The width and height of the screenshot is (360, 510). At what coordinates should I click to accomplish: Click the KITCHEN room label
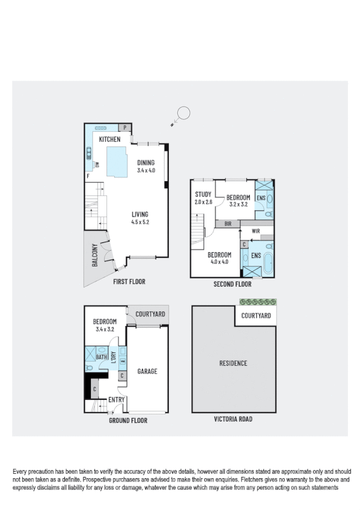point(110,140)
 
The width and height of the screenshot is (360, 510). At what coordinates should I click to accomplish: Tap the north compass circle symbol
point(183,112)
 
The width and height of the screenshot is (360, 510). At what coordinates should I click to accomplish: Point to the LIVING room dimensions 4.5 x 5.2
point(140,223)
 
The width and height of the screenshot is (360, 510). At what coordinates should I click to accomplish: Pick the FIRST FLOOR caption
point(129,281)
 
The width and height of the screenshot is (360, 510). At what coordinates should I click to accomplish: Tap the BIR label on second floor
point(228,223)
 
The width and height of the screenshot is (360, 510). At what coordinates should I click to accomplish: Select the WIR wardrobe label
point(255,230)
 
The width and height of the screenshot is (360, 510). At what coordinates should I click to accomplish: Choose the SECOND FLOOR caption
point(233,284)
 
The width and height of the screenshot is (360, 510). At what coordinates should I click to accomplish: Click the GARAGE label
point(147,371)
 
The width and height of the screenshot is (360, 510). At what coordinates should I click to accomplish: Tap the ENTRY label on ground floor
point(116,400)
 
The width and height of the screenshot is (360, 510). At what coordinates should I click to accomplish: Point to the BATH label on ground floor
point(102,357)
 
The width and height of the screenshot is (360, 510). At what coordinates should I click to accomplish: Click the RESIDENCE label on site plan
point(233,363)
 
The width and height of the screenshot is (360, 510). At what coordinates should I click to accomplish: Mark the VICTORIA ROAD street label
point(233,419)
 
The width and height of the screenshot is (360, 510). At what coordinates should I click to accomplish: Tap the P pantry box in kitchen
point(126,128)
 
